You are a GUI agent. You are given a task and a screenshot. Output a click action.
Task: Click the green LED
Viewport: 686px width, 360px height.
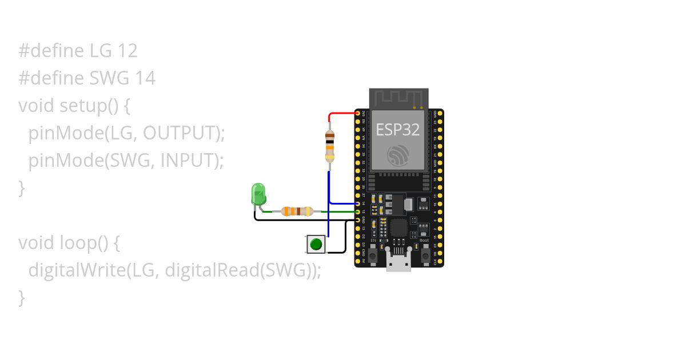click(258, 194)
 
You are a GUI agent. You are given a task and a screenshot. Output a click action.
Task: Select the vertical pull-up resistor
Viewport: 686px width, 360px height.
click(330, 146)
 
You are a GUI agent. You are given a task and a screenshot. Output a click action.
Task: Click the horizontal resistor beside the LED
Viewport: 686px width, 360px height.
click(297, 211)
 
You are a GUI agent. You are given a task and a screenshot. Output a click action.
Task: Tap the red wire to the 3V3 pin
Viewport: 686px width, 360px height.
click(342, 113)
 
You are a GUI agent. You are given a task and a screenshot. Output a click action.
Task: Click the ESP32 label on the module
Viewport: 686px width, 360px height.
click(398, 130)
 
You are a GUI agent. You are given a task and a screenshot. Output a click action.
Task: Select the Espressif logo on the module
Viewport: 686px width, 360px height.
click(398, 155)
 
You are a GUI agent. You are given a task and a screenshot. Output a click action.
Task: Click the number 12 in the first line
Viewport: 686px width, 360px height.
click(127, 51)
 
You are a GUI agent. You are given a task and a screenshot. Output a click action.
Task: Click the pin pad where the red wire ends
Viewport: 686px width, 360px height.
click(358, 114)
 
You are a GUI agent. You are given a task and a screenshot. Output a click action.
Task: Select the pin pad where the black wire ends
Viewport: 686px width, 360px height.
click(358, 219)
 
